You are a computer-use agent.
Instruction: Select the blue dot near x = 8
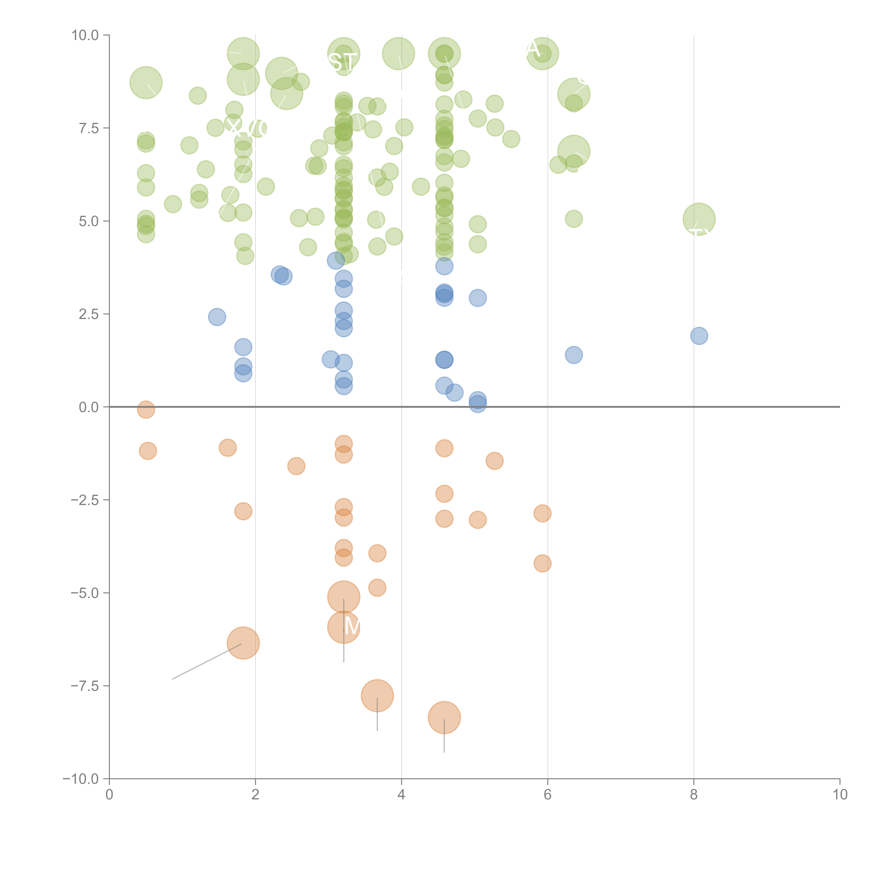point(699,336)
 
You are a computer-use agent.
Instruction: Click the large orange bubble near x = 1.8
point(243,643)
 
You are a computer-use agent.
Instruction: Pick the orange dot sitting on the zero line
point(146,409)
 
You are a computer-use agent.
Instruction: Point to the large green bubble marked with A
point(542,53)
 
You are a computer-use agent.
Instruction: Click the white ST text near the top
point(342,62)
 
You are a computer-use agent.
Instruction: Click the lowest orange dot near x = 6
point(542,563)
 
